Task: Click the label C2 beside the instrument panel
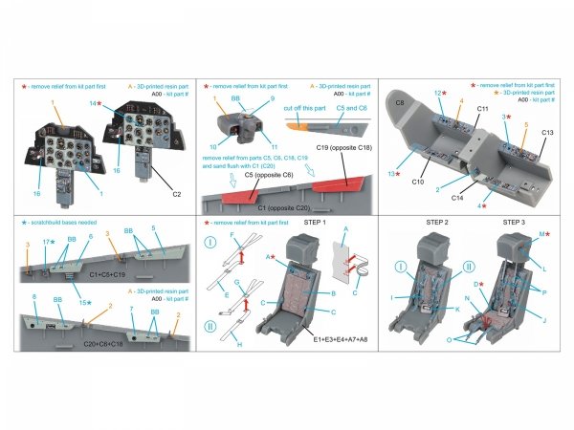[176, 193]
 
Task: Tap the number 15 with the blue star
[84, 303]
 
